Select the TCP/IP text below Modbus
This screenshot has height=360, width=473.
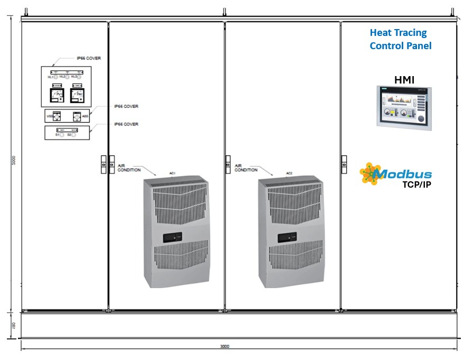pyautogui.click(x=418, y=185)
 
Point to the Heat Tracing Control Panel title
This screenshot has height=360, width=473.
pyautogui.click(x=400, y=40)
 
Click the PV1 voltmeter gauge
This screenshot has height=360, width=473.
pyautogui.click(x=56, y=95)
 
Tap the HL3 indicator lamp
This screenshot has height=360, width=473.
pyautogui.click(x=80, y=77)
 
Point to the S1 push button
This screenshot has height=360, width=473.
pyautogui.click(x=62, y=135)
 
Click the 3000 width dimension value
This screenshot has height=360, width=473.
pyautogui.click(x=225, y=347)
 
